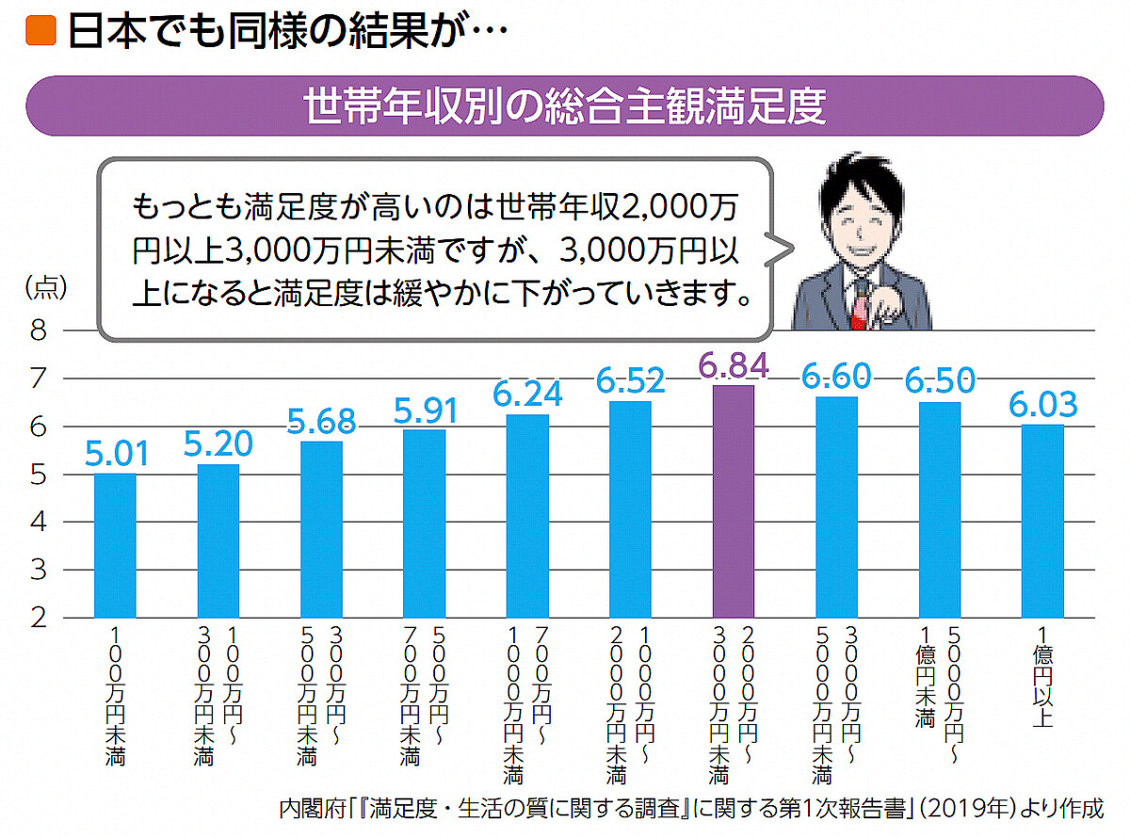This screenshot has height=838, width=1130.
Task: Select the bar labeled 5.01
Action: [115, 545]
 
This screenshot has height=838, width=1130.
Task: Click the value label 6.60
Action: [836, 376]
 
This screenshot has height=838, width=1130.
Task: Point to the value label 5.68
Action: [321, 420]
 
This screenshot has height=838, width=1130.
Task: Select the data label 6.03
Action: [1042, 405]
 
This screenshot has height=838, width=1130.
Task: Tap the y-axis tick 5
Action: [39, 475]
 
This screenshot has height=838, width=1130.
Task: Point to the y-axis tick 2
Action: [39, 619]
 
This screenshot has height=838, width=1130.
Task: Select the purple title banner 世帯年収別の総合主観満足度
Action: [565, 106]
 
